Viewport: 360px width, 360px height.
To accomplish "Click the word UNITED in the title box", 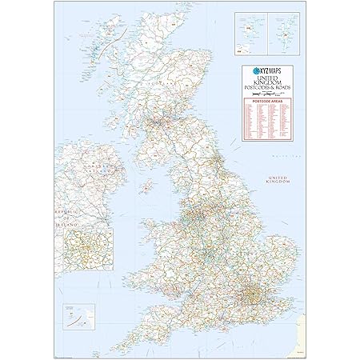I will click(268, 77).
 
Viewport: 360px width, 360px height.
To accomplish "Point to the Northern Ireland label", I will click(102, 169).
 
